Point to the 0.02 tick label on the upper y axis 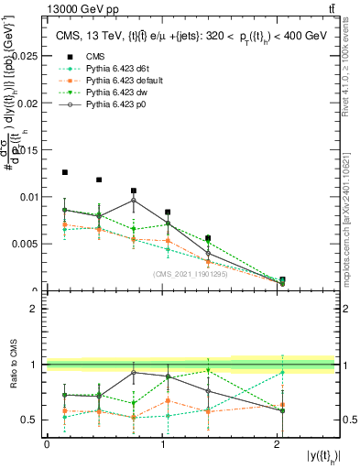[29, 103]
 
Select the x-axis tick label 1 [162, 444]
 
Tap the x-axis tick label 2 [278, 444]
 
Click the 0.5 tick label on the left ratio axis [32, 420]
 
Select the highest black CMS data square [65, 172]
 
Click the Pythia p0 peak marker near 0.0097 [134, 200]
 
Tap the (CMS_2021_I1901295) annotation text [191, 274]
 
